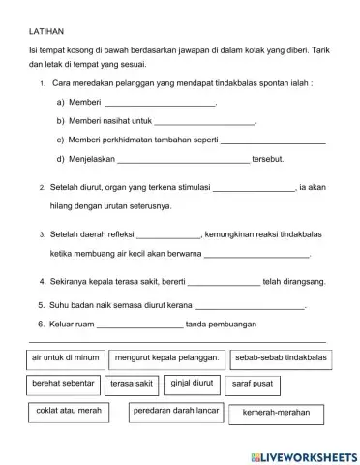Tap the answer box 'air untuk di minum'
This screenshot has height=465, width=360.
click(x=66, y=357)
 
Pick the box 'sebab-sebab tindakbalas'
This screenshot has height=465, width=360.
click(x=281, y=357)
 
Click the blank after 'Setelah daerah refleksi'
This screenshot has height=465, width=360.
click(x=168, y=235)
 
